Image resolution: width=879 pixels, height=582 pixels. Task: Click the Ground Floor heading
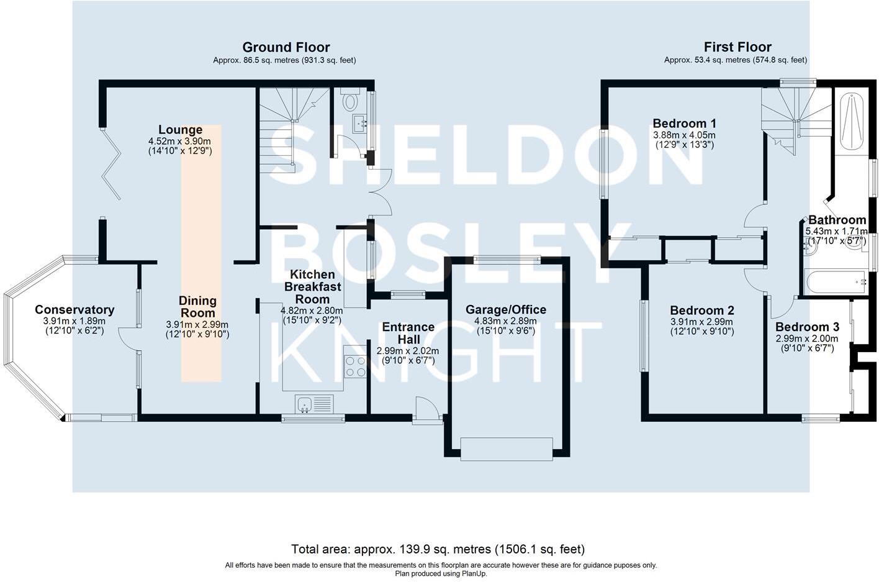point(286,47)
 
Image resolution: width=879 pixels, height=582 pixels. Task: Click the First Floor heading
point(737,47)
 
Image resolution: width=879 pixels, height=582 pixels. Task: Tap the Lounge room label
point(180,130)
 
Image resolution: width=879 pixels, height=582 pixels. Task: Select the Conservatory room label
point(74,310)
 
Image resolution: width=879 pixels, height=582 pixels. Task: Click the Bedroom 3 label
point(807,327)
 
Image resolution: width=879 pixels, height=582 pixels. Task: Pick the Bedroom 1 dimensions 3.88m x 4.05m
point(684,135)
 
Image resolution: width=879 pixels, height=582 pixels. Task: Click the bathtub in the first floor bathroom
point(835,283)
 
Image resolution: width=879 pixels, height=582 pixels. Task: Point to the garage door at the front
point(507,448)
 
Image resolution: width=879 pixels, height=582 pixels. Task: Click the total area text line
point(438,549)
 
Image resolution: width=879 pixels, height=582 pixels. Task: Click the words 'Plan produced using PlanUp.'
point(441,574)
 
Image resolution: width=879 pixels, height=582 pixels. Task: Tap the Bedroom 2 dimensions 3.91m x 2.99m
point(702,322)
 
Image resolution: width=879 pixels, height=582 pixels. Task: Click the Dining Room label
point(197,307)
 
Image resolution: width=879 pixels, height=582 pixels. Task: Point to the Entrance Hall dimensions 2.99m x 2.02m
point(408,351)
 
